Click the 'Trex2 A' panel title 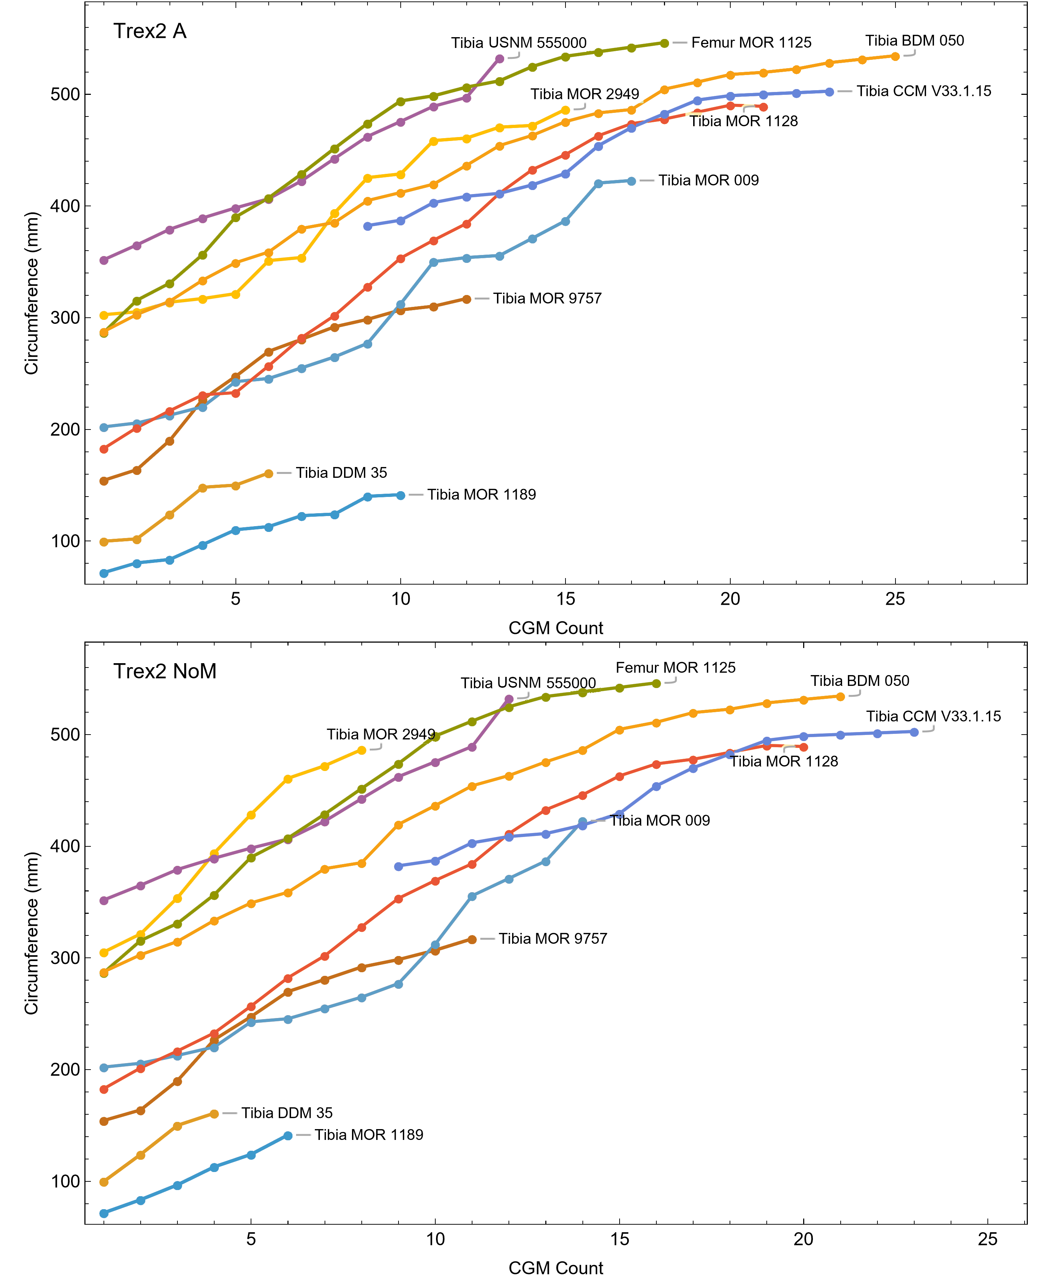coord(150,31)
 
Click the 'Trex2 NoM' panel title coord(165,671)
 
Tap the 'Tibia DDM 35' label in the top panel coord(341,472)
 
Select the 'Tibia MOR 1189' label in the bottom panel coord(369,1135)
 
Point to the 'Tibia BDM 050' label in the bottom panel coord(860,680)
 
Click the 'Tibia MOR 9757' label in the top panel coord(547,298)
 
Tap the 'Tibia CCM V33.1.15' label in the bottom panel coord(933,716)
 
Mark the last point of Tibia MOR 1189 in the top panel coord(401,495)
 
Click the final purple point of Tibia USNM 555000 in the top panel coord(499,59)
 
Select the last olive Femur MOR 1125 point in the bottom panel coord(656,683)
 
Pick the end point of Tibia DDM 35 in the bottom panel coord(214,1114)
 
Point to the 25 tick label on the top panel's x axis coord(895,599)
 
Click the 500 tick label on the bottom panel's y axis coord(63,734)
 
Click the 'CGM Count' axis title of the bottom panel coord(556,1268)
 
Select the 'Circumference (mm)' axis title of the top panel coord(31,293)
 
